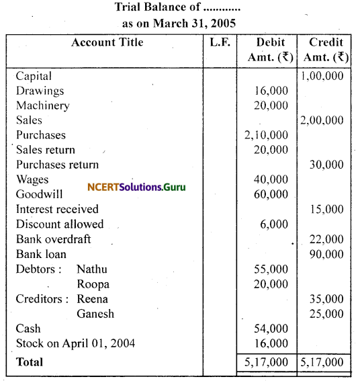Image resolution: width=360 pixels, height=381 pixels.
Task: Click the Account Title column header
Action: [107, 42]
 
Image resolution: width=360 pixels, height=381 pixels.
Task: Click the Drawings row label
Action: [40, 91]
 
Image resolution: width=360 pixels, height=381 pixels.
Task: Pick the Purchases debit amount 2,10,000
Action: [267, 135]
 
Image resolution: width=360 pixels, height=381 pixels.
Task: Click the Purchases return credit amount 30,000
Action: [327, 165]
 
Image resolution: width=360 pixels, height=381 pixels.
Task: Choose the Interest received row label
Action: [57, 209]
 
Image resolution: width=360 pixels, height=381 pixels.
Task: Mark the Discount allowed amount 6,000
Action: [274, 224]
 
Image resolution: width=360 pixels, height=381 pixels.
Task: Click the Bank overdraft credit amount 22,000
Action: [327, 239]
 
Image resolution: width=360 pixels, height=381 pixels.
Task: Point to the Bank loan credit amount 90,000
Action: [327, 254]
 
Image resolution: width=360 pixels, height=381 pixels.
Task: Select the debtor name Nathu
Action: [92, 269]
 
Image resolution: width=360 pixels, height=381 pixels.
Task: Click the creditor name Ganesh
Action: [95, 313]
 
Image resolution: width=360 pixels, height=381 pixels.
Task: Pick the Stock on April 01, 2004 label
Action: [75, 343]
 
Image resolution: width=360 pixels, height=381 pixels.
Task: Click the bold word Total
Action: [30, 362]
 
